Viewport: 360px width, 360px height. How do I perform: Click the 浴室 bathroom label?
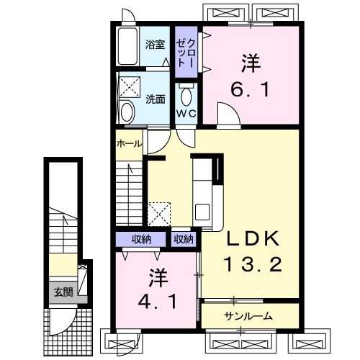(x=154, y=44)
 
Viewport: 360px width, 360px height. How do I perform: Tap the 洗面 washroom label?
(x=155, y=98)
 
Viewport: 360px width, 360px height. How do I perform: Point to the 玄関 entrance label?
(x=63, y=292)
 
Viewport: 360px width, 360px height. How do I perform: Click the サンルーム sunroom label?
(x=248, y=315)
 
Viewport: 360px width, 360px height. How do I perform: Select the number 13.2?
(x=251, y=264)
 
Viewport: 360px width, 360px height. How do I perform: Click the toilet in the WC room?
(x=186, y=96)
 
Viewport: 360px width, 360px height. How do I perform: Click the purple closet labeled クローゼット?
(x=188, y=53)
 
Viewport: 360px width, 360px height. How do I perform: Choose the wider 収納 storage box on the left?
(x=141, y=238)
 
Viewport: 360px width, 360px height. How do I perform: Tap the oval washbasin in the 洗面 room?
(x=127, y=112)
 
